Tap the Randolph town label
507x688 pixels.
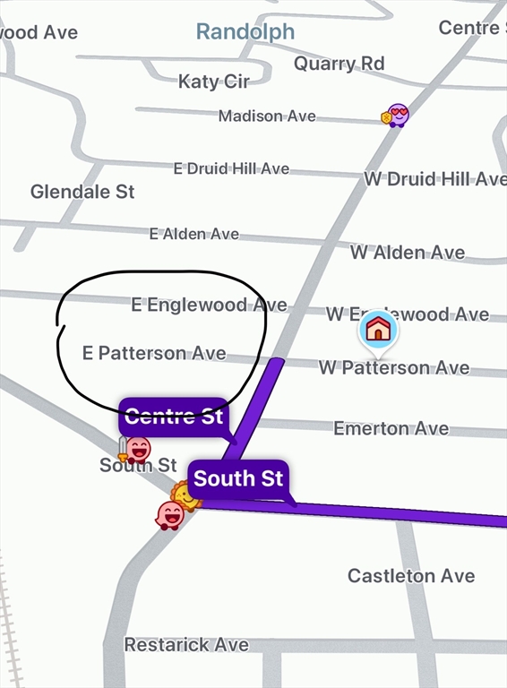click(x=245, y=32)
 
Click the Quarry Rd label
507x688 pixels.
click(x=339, y=64)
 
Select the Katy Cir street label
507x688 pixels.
click(x=213, y=82)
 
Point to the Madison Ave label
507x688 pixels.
click(x=267, y=116)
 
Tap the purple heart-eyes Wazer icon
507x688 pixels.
click(x=396, y=115)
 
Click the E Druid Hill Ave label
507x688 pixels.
click(x=231, y=168)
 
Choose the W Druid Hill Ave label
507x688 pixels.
click(x=434, y=179)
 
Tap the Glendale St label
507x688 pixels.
click(x=82, y=192)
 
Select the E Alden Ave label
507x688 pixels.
click(x=194, y=234)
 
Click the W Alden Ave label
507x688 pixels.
click(x=408, y=253)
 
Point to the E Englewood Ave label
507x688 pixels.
click(x=209, y=305)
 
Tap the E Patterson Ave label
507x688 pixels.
click(x=154, y=353)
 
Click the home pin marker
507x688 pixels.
click(x=378, y=330)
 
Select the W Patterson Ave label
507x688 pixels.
click(x=394, y=367)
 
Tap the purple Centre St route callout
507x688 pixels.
click(x=174, y=417)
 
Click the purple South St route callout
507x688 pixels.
click(x=238, y=478)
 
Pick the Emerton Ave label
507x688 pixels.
click(x=391, y=428)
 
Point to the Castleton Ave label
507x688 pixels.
click(x=411, y=575)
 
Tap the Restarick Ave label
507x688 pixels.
click(x=186, y=644)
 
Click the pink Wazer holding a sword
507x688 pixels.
click(x=136, y=448)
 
